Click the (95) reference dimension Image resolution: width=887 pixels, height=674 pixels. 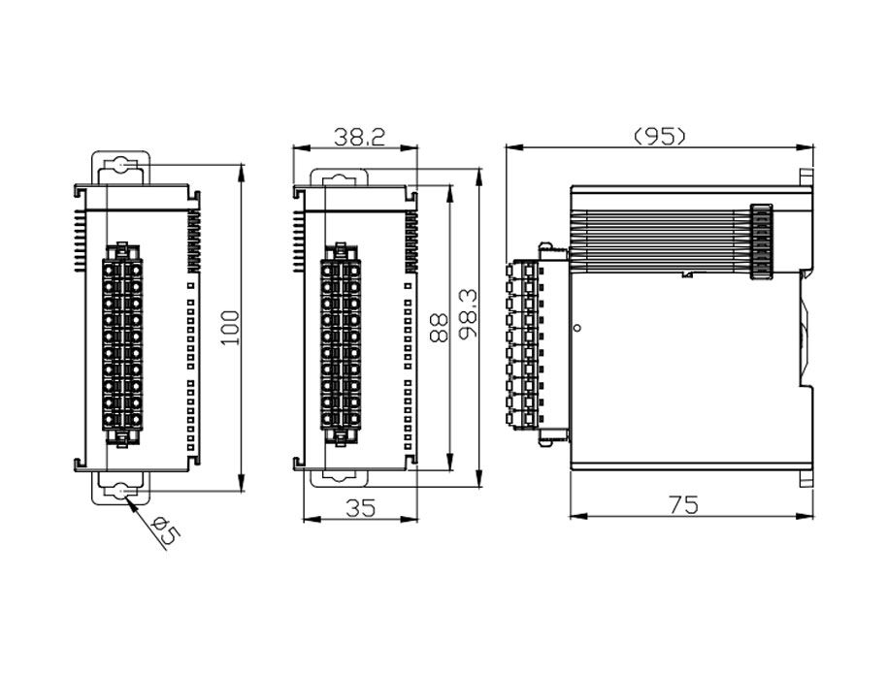(x=660, y=137)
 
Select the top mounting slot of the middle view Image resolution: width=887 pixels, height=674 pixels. (x=339, y=177)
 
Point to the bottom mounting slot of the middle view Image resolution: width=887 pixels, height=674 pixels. (x=339, y=477)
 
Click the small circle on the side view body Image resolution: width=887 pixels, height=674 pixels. (x=578, y=328)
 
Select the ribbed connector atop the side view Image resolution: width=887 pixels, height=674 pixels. (x=760, y=243)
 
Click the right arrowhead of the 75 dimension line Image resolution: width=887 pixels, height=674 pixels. (x=802, y=516)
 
